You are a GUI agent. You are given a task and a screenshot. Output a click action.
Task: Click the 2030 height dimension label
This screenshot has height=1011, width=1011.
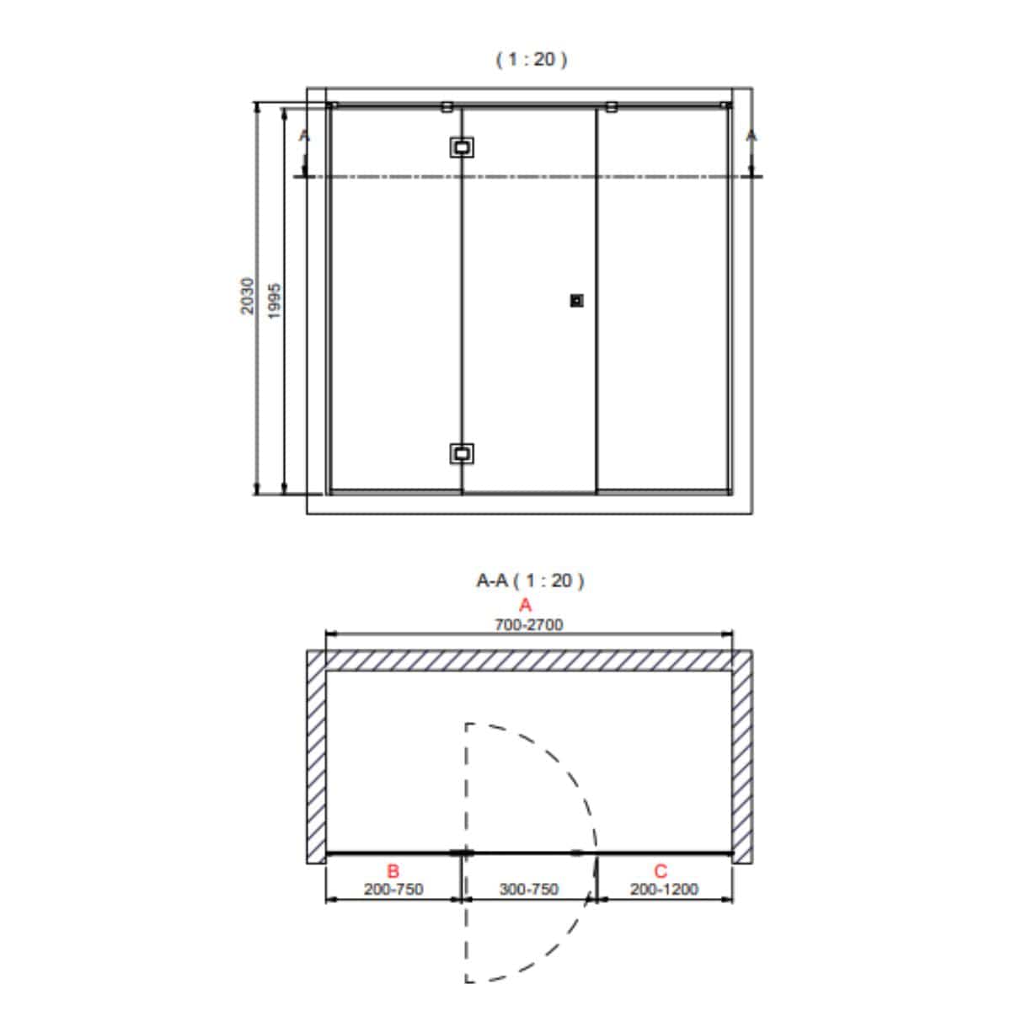pos(247,296)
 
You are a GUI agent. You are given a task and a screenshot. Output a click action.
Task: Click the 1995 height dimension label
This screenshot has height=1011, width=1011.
pos(275,301)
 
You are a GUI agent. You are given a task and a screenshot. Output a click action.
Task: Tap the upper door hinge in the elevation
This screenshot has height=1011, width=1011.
pos(462,147)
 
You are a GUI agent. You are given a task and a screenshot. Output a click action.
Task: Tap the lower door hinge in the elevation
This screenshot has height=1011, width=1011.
pos(462,453)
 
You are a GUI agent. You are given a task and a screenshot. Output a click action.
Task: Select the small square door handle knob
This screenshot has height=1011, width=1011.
pos(576,301)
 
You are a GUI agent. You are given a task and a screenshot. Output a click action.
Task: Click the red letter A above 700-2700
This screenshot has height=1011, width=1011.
pos(525,606)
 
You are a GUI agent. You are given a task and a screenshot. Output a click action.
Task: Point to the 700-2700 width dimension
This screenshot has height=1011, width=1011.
pos(529,625)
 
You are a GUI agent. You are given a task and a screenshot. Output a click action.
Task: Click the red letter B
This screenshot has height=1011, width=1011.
pos(393,871)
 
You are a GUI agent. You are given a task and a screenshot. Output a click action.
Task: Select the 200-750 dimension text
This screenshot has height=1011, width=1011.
pos(393,890)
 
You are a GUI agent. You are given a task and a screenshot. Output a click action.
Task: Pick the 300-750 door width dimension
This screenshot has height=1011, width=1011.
pos(529,890)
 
